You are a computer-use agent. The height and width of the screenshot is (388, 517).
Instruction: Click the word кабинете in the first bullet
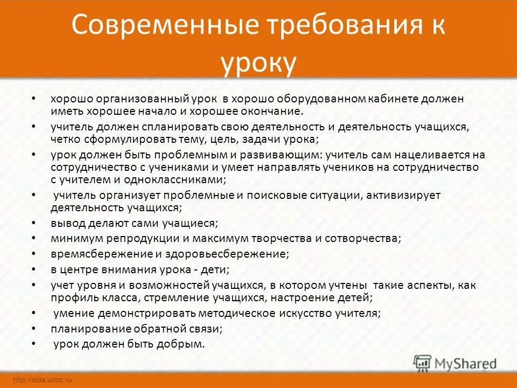(x=406, y=99)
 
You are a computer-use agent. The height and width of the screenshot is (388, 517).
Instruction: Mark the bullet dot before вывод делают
(x=33, y=221)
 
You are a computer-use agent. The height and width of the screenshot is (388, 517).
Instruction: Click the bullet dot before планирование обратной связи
(x=33, y=328)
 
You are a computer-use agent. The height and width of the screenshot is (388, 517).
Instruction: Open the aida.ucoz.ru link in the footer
(x=43, y=380)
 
